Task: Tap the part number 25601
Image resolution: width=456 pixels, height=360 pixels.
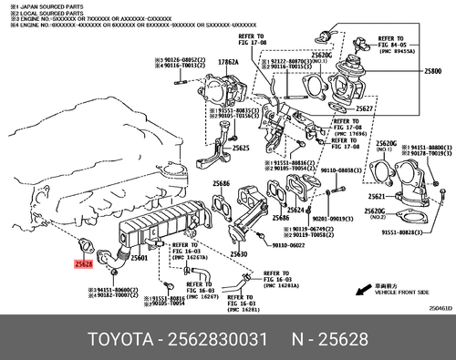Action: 140,258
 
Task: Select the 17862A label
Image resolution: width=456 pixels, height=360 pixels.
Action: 227,62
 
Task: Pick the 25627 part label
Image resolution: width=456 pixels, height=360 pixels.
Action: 366,108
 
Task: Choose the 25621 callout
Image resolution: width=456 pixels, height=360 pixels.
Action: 378,197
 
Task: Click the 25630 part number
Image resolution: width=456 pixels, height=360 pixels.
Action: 239,253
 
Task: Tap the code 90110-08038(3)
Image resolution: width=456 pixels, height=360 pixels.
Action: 346,170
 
